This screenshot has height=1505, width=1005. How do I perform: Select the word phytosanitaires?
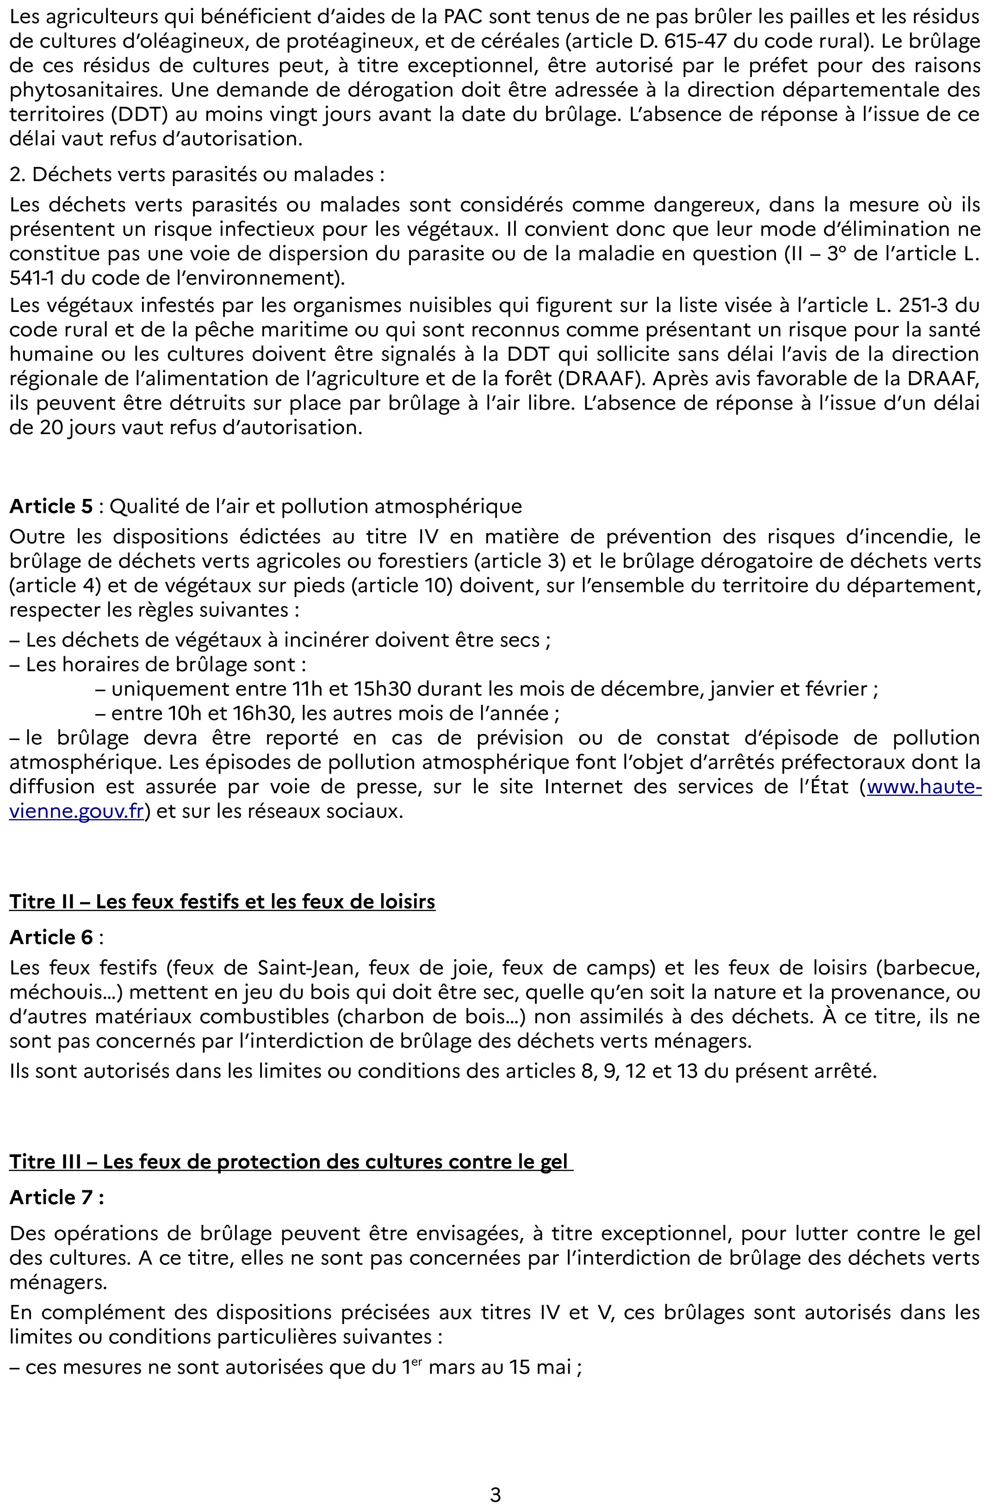[87, 90]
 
